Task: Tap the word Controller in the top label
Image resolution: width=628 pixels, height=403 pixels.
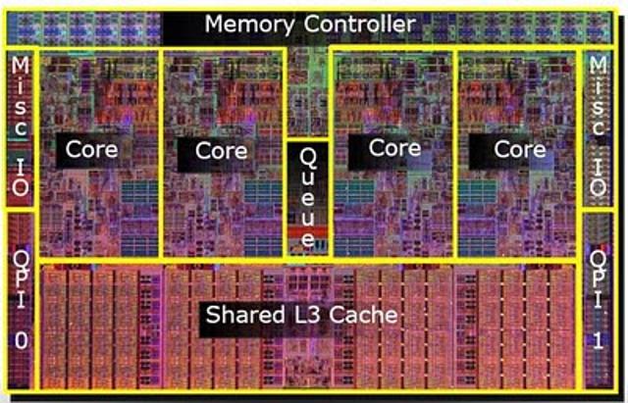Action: click(x=359, y=24)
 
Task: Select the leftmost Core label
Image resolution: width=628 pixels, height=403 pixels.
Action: click(x=91, y=149)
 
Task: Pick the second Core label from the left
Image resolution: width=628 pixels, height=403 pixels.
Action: click(x=221, y=151)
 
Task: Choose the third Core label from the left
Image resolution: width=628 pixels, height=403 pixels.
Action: click(x=394, y=148)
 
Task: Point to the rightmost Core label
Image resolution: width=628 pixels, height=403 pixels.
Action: click(x=520, y=149)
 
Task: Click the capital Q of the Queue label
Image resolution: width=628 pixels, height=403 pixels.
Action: click(x=308, y=159)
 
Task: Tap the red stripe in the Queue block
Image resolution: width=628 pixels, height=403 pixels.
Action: click(x=307, y=231)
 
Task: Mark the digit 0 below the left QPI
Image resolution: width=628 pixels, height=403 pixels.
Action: click(x=22, y=341)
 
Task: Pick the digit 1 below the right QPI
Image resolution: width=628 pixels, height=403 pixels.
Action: click(x=598, y=341)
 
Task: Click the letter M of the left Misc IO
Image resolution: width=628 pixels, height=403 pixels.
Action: click(x=21, y=66)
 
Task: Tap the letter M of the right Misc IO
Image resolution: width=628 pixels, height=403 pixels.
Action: click(x=598, y=64)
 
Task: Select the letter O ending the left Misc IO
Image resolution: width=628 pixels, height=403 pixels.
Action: click(x=21, y=187)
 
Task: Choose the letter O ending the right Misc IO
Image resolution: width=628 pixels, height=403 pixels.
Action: click(x=598, y=187)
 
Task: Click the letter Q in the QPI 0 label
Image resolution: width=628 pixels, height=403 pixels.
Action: click(x=20, y=260)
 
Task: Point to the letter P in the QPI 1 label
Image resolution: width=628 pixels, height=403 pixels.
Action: click(x=598, y=277)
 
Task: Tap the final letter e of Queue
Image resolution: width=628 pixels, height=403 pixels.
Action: click(x=307, y=239)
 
